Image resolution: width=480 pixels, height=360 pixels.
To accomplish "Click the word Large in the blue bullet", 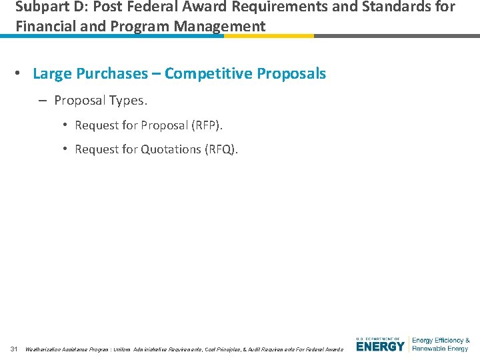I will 52,73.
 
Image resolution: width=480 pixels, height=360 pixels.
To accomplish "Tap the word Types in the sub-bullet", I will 128,100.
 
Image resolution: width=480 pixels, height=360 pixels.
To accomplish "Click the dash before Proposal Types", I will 42,100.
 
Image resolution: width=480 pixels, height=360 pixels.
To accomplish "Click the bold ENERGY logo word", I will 380,347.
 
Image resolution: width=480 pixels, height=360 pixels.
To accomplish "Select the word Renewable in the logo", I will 427,349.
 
